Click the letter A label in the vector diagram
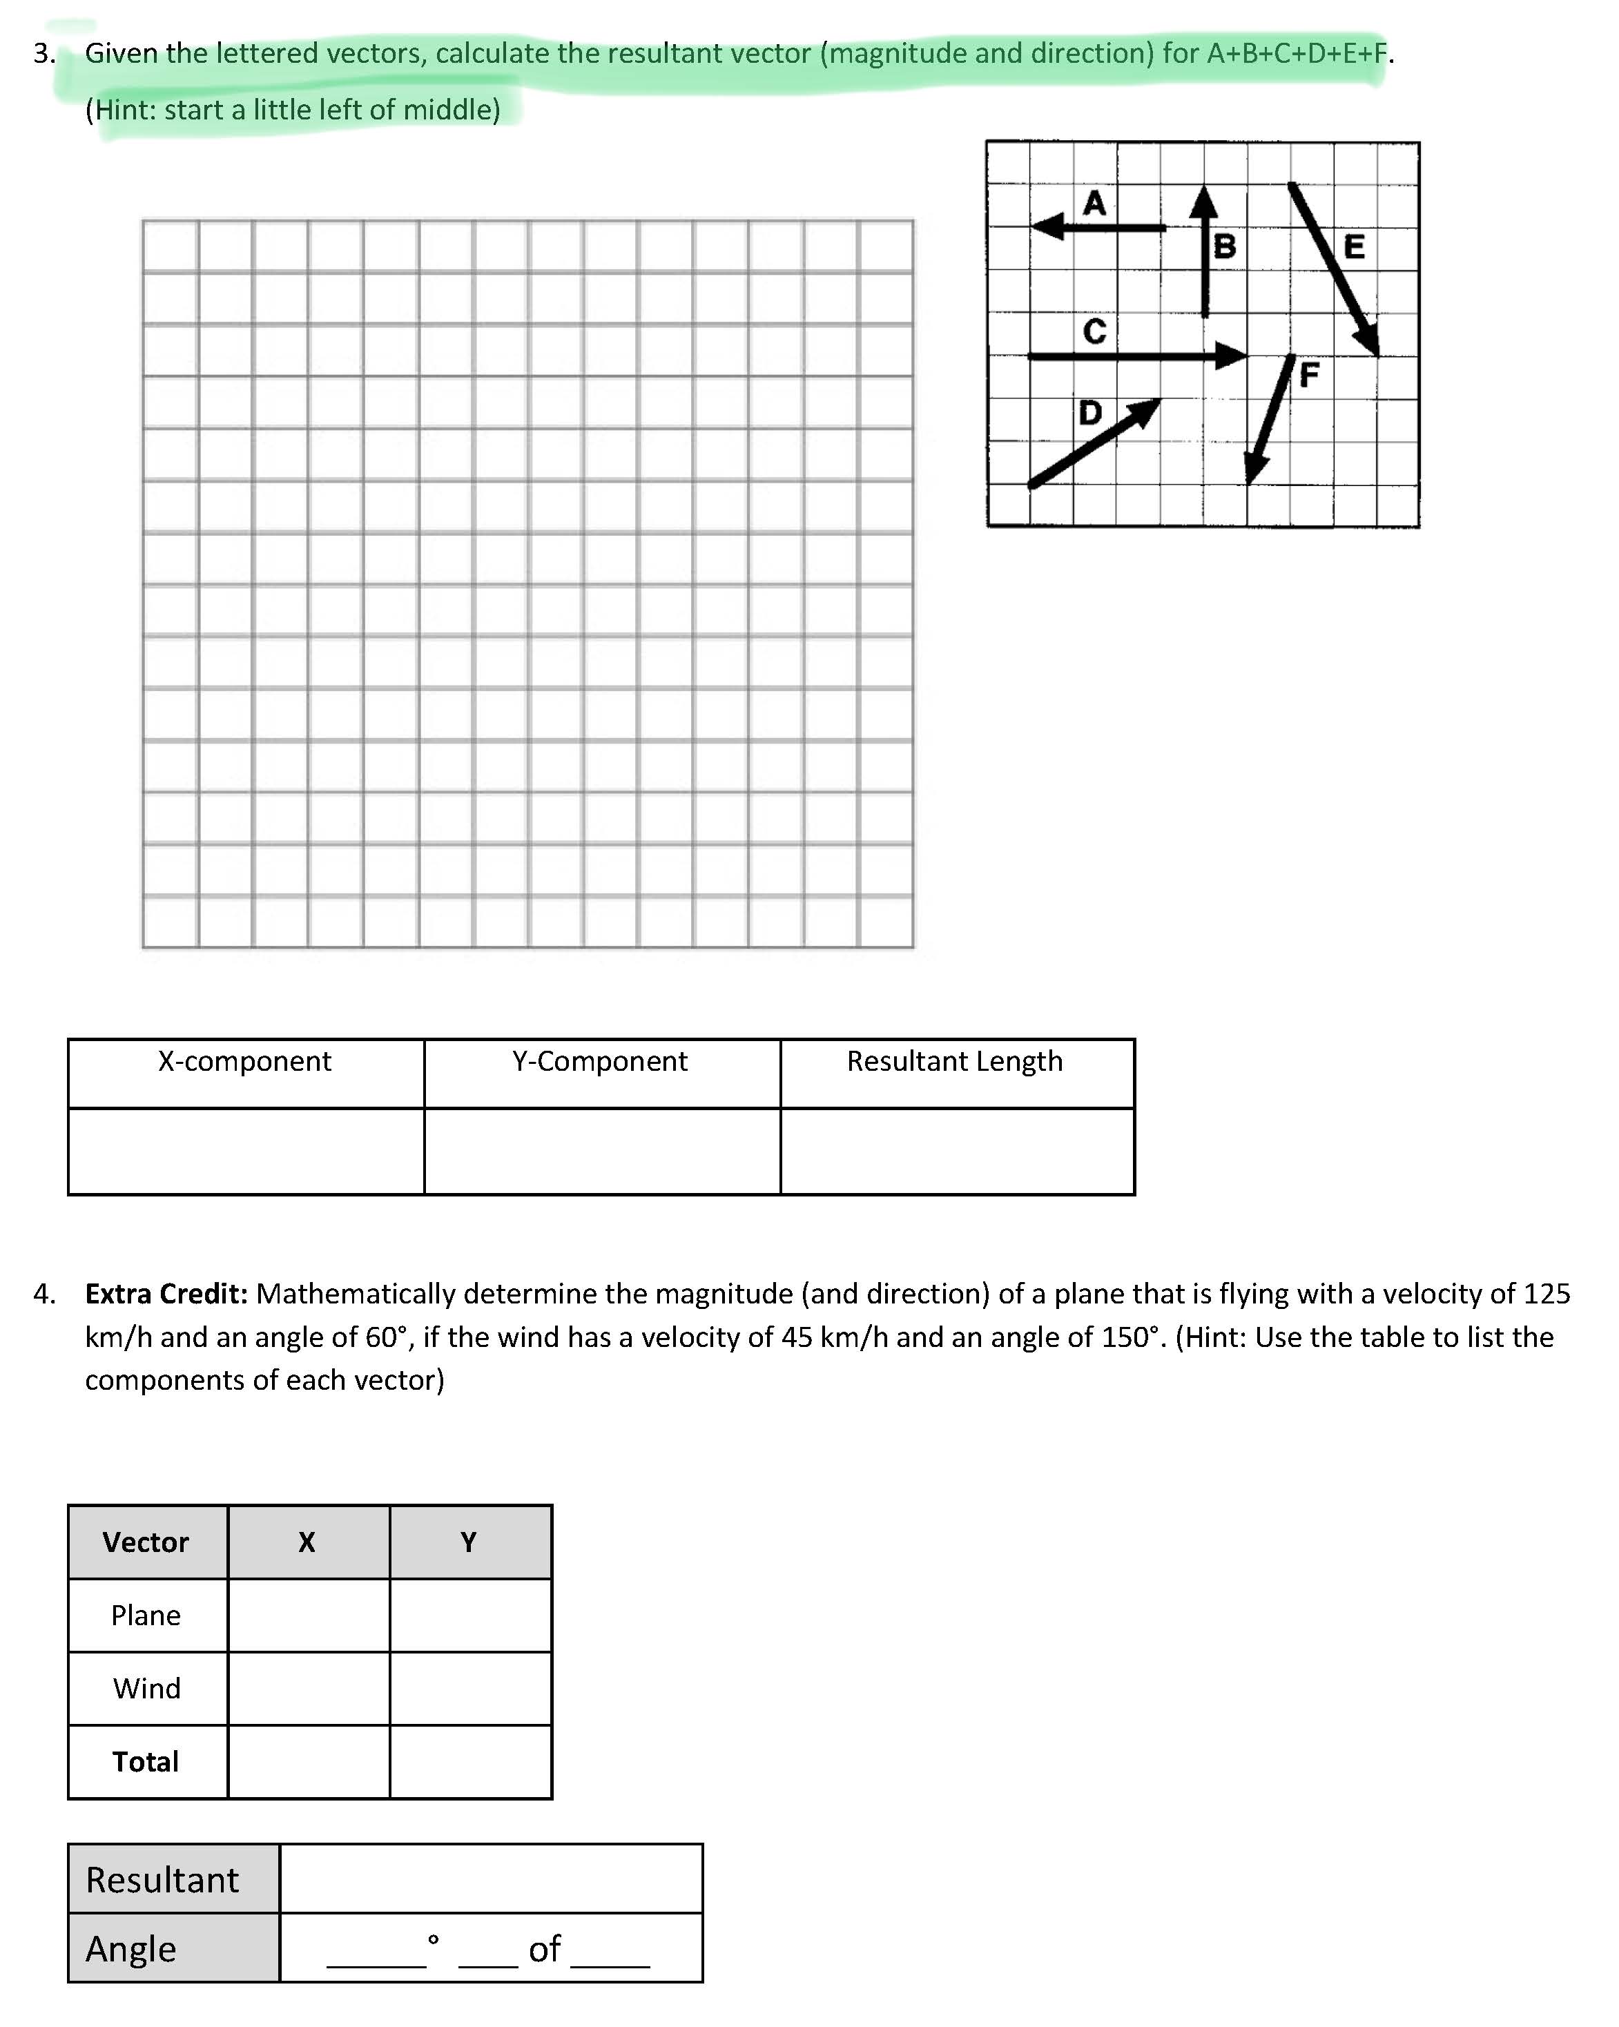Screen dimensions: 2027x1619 pos(1094,203)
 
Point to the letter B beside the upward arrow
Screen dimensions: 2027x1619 pos(1224,246)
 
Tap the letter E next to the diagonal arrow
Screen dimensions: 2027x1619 pos(1354,246)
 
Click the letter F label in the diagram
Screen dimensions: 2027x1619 pos(1309,375)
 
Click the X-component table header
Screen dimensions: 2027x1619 pos(244,1061)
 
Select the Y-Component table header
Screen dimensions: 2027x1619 pos(600,1061)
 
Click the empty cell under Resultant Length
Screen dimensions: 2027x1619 pos(957,1152)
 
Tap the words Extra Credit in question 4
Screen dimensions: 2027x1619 pos(166,1294)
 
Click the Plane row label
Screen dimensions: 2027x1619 pos(146,1616)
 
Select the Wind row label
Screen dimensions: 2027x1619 pos(146,1689)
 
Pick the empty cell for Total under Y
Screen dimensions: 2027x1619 pos(470,1762)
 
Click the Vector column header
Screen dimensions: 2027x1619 pos(146,1542)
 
